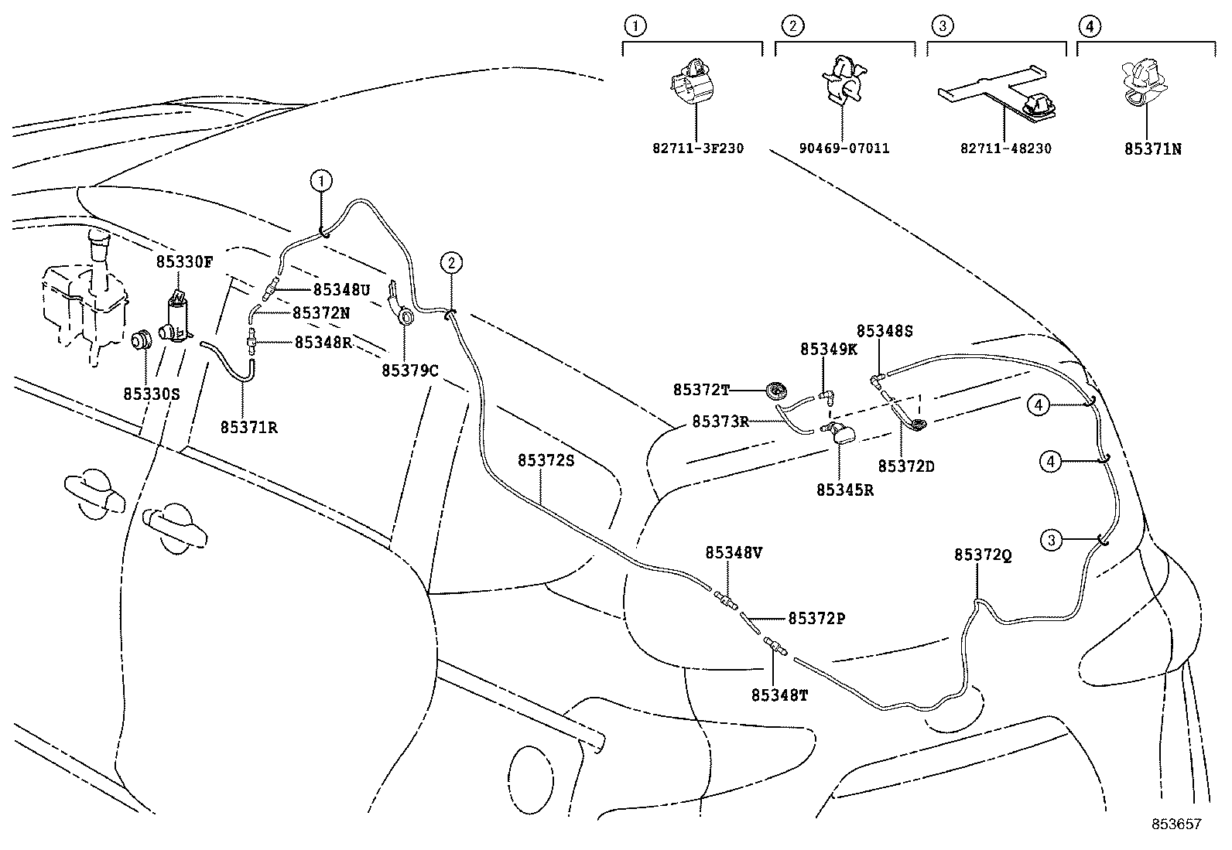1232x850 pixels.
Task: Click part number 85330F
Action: (x=183, y=261)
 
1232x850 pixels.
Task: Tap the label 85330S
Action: (x=151, y=394)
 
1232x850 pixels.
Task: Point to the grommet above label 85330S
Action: (x=140, y=340)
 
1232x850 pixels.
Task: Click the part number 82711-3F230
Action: (x=697, y=148)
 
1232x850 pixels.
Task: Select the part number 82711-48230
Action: (x=1005, y=148)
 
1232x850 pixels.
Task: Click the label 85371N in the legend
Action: (x=1152, y=148)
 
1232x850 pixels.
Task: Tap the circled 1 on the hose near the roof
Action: (x=321, y=182)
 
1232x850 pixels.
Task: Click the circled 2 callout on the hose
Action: (x=451, y=263)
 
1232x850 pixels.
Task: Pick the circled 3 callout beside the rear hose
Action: (x=1051, y=540)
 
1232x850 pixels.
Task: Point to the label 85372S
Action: (x=546, y=460)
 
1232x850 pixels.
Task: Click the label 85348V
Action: (x=734, y=553)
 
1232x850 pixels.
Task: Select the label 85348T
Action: (x=779, y=695)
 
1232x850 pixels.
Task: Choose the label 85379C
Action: (x=409, y=370)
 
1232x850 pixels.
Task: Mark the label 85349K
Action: (x=828, y=349)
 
